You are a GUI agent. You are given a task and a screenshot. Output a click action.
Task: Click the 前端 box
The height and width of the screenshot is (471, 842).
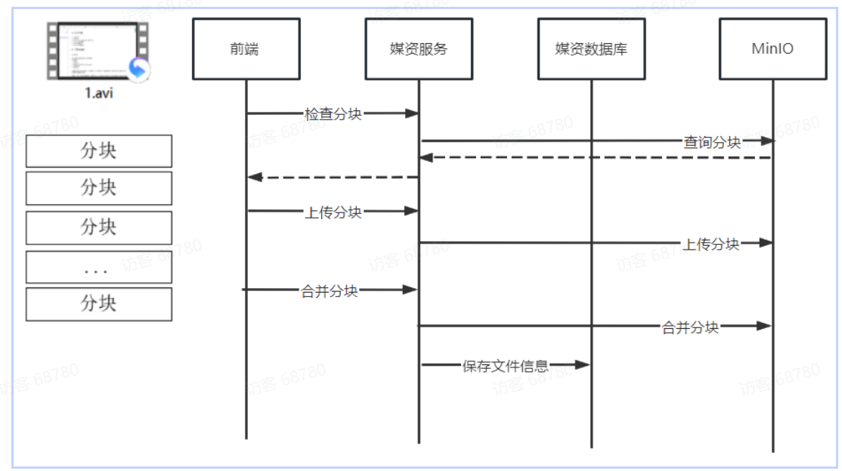click(246, 49)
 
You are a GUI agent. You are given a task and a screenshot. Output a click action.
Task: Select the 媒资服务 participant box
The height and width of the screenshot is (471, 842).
click(419, 49)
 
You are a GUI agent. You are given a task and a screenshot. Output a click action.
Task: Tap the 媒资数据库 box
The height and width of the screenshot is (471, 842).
click(591, 49)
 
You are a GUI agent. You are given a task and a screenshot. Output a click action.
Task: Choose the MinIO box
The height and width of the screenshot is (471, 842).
click(772, 49)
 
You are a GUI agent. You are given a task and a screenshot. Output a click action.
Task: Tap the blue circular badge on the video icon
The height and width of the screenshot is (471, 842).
click(138, 70)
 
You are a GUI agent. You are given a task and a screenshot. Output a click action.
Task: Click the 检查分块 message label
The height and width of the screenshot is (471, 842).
click(333, 114)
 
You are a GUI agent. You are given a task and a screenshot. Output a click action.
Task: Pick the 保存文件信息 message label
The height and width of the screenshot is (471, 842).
click(506, 366)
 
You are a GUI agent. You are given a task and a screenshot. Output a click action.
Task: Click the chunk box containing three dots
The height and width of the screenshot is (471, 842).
click(99, 268)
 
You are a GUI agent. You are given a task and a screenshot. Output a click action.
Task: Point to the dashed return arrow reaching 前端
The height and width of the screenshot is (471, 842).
click(333, 177)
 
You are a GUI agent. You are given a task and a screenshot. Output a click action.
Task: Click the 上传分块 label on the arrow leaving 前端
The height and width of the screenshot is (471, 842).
click(333, 212)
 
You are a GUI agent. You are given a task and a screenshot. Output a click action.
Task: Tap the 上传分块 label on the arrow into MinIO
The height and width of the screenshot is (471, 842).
click(711, 243)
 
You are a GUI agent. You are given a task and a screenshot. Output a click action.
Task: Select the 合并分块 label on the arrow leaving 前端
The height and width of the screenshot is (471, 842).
click(330, 290)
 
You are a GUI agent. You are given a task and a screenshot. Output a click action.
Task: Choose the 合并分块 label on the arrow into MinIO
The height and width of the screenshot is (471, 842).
click(690, 327)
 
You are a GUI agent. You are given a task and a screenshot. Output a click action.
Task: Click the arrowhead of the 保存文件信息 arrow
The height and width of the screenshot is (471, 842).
click(581, 365)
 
